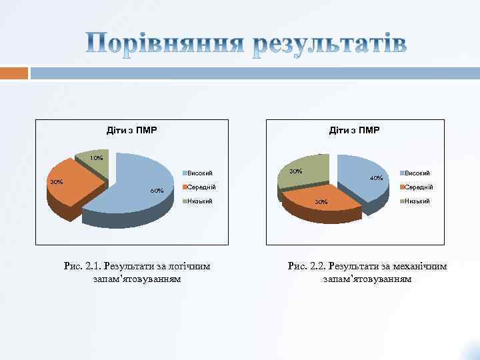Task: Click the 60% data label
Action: pos(157,191)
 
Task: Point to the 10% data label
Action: pos(97,159)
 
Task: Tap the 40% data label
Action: pos(376,178)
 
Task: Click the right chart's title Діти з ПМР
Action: pos(354,129)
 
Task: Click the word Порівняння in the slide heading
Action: pos(163,45)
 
